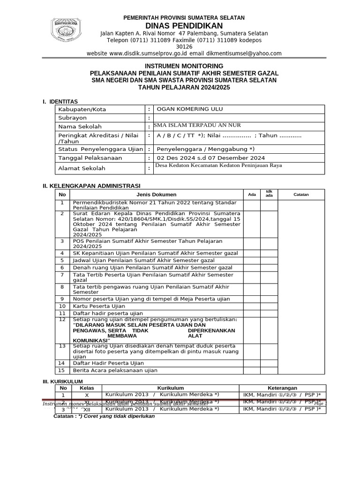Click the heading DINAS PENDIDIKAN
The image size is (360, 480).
click(x=184, y=25)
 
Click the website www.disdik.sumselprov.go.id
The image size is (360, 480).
click(x=147, y=54)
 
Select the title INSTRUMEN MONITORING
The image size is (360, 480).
click(x=184, y=66)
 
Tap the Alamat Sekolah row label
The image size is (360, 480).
click(x=82, y=168)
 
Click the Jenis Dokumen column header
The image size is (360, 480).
click(x=157, y=195)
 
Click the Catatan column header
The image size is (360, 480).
click(x=301, y=195)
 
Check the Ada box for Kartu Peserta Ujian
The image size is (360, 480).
click(x=252, y=306)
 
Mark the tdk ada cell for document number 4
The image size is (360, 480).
click(x=269, y=253)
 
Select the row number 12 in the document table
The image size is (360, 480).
click(x=61, y=320)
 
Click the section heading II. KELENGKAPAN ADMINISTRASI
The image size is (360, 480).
click(x=91, y=186)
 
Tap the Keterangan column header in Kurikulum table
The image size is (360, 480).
click(x=282, y=388)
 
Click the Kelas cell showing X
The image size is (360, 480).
click(x=86, y=395)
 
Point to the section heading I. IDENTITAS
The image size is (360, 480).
click(x=60, y=102)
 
